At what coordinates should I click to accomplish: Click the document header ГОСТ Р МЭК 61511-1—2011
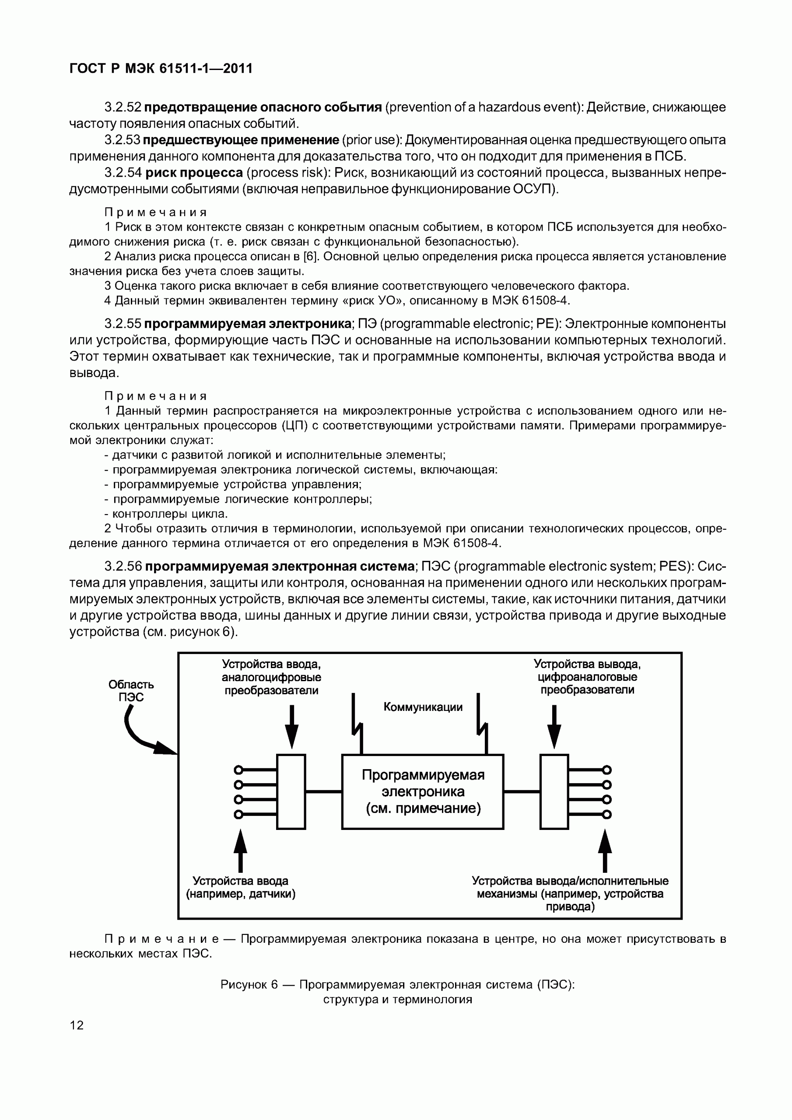coord(161,68)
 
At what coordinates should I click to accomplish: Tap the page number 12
coord(77,1025)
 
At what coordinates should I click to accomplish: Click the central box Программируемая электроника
coord(423,791)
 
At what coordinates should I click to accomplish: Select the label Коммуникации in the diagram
coord(423,707)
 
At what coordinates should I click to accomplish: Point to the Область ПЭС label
coord(131,691)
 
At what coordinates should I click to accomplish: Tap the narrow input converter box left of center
coord(291,791)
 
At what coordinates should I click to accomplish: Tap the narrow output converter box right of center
coord(554,791)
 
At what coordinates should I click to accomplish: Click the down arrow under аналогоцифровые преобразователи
coord(291,727)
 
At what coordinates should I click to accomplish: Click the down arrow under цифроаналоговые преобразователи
coord(554,727)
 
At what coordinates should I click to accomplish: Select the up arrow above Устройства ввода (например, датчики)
coord(240,849)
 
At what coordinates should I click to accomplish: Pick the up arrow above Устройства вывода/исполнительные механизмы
coord(605,849)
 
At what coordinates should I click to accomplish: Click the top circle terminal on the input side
coord(238,770)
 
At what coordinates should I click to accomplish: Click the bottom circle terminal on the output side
coord(606,814)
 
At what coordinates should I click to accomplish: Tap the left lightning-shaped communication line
coord(357,724)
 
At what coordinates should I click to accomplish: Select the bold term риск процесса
coord(194,173)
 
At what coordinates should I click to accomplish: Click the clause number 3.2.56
coord(123,566)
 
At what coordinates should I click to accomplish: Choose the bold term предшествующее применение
coord(241,140)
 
